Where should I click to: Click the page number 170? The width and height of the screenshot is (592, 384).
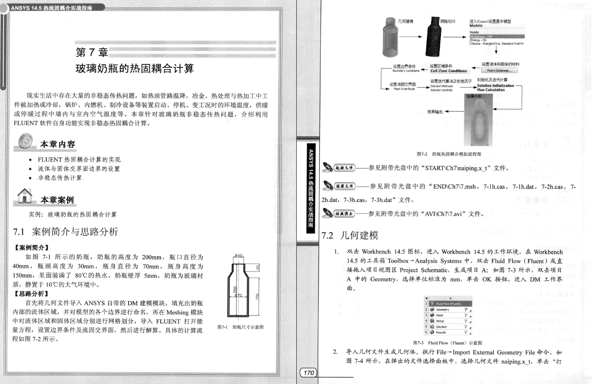(308, 372)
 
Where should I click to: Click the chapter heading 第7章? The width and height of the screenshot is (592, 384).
(92, 52)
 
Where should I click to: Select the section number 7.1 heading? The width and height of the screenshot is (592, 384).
(19, 232)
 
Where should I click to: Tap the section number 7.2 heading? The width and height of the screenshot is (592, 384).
(327, 235)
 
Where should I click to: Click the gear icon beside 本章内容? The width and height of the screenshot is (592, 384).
(25, 142)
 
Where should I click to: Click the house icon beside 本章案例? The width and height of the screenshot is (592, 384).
(25, 196)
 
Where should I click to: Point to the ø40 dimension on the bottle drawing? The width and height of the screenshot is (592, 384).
(239, 256)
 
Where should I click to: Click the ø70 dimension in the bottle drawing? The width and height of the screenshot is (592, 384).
(238, 295)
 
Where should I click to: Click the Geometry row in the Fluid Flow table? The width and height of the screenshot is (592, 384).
(443, 309)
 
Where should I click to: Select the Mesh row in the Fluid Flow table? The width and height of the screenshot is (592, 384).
(440, 315)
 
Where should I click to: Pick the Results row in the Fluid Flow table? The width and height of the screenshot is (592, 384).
(441, 332)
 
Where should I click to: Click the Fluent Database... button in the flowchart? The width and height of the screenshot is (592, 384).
(499, 70)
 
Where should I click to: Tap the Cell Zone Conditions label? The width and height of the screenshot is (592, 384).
(449, 71)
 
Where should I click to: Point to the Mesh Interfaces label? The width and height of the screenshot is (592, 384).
(404, 89)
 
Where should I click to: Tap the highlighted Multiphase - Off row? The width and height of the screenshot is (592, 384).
(497, 37)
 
